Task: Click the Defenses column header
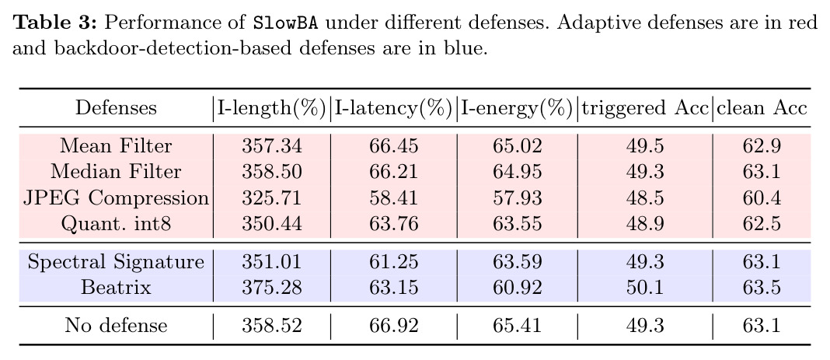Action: [116, 108]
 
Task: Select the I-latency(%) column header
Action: [393, 109]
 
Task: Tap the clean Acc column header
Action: [762, 108]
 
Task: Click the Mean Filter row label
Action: [116, 145]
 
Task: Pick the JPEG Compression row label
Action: [116, 198]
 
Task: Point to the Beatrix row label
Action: [116, 288]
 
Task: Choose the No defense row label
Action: [116, 325]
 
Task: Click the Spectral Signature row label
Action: [116, 262]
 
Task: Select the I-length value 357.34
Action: [271, 145]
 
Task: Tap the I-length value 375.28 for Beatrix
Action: [271, 288]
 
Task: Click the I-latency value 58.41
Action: [393, 198]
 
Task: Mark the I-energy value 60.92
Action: [517, 288]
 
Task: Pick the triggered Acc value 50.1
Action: [644, 288]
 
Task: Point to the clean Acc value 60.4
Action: [762, 198]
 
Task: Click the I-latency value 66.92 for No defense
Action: [393, 325]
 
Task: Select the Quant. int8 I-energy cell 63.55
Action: [517, 223]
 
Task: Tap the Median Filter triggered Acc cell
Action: [644, 172]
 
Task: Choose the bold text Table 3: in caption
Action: [54, 23]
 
